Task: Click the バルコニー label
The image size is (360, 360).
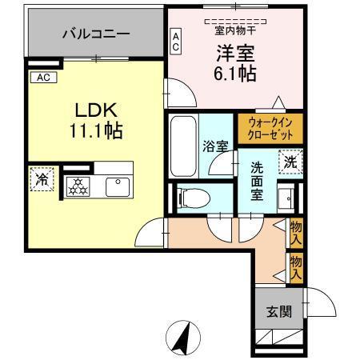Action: tap(96, 34)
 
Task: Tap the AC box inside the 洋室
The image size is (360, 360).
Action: tap(176, 41)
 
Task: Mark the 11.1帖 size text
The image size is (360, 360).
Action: tap(94, 130)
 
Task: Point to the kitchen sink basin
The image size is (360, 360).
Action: tap(118, 186)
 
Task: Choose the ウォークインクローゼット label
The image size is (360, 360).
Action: tap(270, 128)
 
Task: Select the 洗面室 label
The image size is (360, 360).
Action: tap(256, 182)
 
